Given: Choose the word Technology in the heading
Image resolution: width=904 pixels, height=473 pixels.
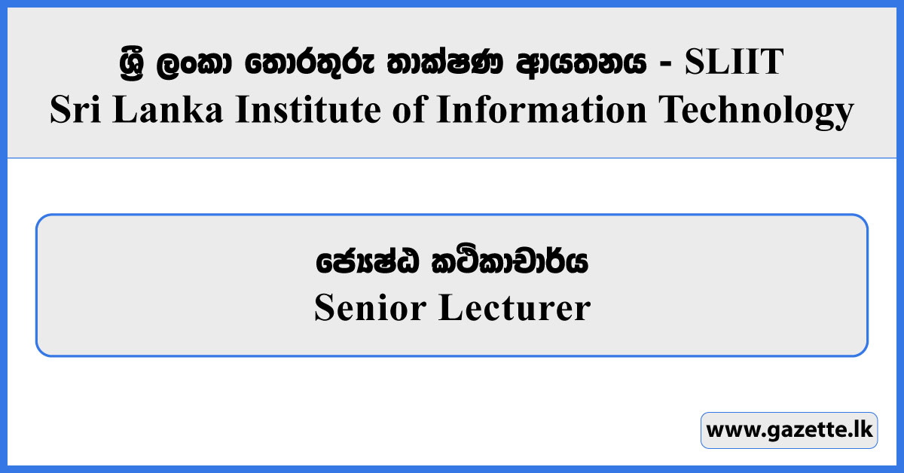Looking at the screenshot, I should tap(756, 111).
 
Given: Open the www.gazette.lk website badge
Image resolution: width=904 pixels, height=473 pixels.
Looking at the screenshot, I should tap(789, 431).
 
